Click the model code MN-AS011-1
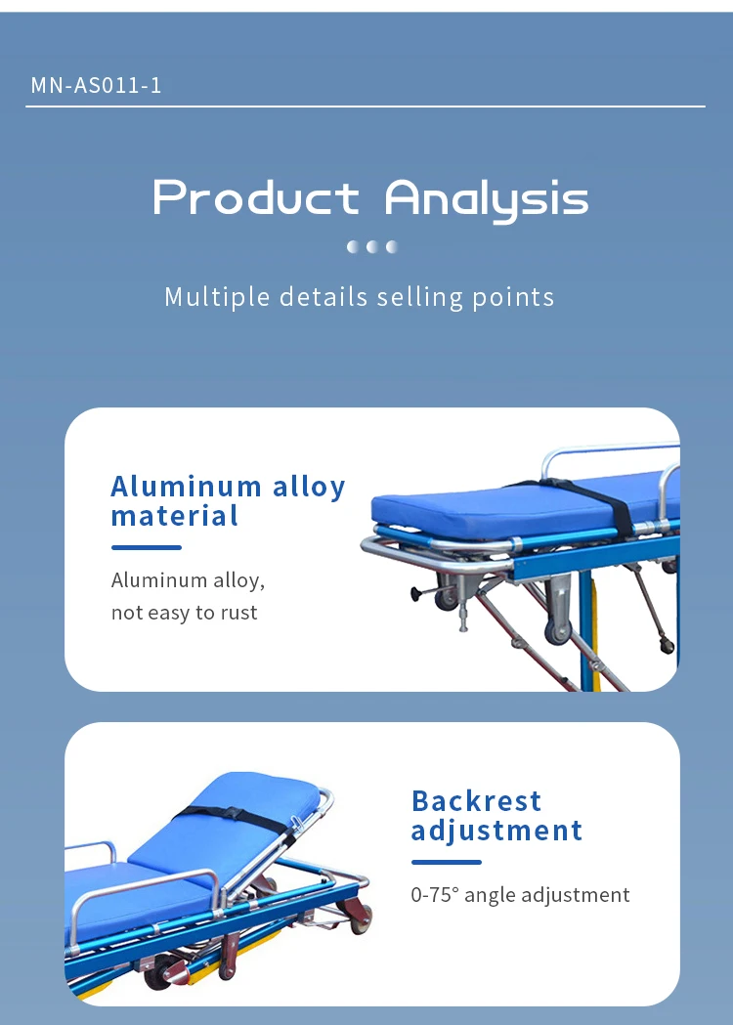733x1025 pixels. [96, 85]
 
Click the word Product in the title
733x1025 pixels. [256, 197]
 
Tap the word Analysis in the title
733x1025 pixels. [487, 199]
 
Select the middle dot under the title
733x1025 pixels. [372, 246]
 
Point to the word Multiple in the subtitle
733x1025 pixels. [217, 297]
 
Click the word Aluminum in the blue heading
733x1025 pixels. [187, 487]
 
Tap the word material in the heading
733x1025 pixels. [175, 516]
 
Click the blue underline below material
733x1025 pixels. [147, 547]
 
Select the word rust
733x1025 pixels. [237, 613]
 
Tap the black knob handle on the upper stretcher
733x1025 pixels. [414, 593]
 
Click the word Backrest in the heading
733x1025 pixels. [477, 801]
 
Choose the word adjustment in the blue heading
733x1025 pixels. [496, 831]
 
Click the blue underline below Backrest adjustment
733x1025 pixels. [447, 862]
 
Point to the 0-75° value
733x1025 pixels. [435, 895]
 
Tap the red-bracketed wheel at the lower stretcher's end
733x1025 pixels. [360, 917]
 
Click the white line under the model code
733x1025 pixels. [366, 106]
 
